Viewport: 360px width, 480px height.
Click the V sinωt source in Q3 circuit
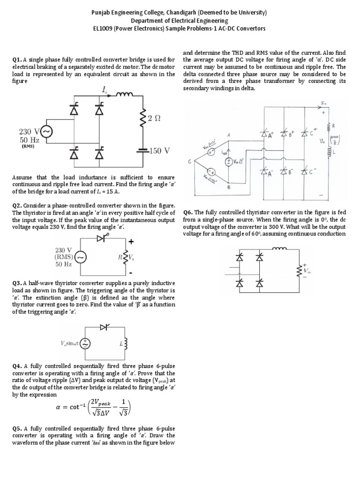pyautogui.click(x=85, y=344)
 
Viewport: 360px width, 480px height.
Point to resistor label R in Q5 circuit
pyautogui.click(x=335, y=125)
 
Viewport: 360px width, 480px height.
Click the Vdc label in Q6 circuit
pyautogui.click(x=308, y=270)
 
